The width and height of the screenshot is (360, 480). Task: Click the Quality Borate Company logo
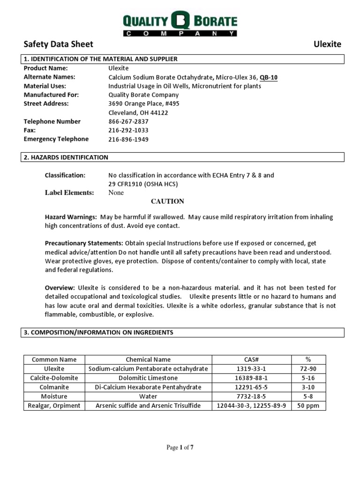pos(180,23)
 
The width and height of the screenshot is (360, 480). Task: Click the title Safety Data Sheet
pos(59,44)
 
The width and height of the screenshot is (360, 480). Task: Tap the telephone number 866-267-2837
pos(128,121)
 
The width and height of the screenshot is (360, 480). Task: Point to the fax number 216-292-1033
pos(128,130)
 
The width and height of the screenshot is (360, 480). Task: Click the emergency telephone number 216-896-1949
pos(128,139)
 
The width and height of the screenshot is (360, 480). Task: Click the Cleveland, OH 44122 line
pos(138,112)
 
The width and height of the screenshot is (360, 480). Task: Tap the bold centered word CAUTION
pos(167,201)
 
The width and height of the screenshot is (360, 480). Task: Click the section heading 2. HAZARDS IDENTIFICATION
pos(66,157)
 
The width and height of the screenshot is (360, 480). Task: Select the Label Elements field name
pos(69,192)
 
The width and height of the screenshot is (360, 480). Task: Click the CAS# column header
pos(251,360)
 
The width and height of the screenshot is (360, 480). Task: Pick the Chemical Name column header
pos(148,360)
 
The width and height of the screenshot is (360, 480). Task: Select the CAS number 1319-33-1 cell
pos(251,369)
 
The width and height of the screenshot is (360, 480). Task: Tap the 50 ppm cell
pos(308,405)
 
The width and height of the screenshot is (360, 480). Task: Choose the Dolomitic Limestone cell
pos(148,378)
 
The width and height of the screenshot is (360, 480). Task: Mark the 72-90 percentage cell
pos(308,369)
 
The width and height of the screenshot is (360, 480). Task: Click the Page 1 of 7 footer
pos(180,448)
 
